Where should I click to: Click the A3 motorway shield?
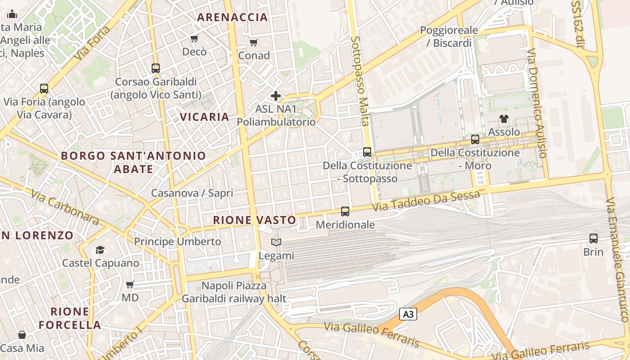(408, 314)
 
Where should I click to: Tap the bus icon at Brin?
(594, 238)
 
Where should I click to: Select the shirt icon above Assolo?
(504, 119)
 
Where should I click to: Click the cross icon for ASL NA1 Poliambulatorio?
(276, 96)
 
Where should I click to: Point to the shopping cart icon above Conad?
(253, 43)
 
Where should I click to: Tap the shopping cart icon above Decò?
(194, 39)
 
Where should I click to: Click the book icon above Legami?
(276, 243)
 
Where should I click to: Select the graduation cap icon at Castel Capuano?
(100, 250)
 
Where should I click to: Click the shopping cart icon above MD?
(130, 284)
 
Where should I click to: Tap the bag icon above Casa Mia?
(22, 335)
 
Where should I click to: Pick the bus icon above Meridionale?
(345, 211)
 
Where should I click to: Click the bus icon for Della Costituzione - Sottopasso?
(367, 152)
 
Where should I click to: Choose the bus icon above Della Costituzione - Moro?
(475, 139)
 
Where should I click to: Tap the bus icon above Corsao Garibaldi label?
(156, 68)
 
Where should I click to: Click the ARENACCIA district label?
(233, 18)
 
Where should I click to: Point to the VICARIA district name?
(205, 117)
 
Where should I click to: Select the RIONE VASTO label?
(255, 220)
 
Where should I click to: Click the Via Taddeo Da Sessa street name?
(426, 201)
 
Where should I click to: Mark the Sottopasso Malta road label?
(360, 81)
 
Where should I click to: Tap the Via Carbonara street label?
(65, 207)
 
